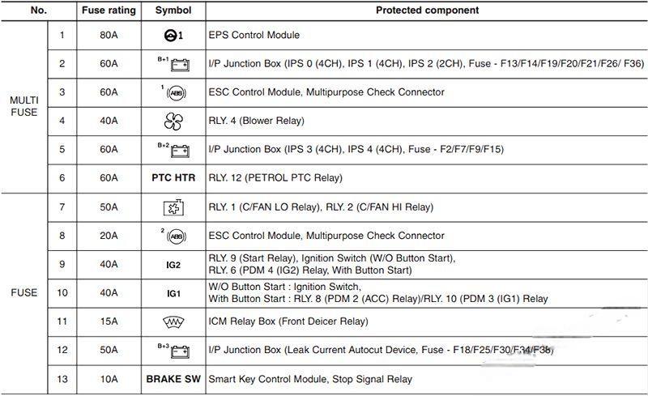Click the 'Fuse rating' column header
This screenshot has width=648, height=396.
point(101,11)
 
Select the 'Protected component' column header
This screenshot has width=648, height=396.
point(427,11)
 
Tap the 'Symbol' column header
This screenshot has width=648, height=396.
point(173,11)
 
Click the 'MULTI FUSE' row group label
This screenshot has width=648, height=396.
point(24,106)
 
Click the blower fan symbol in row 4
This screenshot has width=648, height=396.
point(173,121)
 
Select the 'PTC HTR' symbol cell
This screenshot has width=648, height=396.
point(173,177)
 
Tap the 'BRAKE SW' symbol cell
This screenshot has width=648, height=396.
point(173,379)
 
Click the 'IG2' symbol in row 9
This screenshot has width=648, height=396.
point(173,264)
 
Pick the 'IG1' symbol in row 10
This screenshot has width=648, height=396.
point(173,293)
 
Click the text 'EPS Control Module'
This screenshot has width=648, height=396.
point(254,36)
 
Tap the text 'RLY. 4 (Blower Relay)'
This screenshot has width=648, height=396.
point(257,121)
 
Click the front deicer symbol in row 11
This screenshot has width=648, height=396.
point(173,321)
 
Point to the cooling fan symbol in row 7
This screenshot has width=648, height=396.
point(173,207)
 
